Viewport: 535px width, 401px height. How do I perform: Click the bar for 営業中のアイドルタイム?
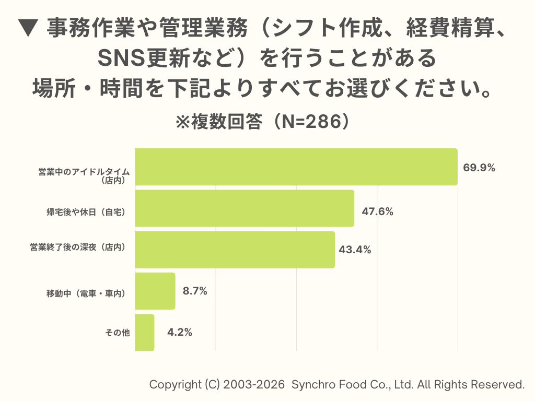pos(296,167)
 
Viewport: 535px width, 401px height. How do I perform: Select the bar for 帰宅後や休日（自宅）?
pos(245,208)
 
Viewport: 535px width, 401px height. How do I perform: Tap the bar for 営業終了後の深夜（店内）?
pos(235,250)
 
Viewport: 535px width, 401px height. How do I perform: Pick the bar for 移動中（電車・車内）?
pos(155,291)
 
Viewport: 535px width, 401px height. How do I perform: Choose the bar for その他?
pos(145,332)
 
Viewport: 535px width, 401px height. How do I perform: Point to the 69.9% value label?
pos(479,168)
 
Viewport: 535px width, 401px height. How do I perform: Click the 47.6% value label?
pos(377,212)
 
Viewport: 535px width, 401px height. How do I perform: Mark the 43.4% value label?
pos(355,250)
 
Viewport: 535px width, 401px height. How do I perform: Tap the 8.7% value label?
pos(195,291)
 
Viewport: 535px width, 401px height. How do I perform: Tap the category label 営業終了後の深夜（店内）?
pos(78,247)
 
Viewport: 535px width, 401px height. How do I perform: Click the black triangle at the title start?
pos(28,29)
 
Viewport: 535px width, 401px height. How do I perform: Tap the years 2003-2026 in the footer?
pos(254,385)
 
